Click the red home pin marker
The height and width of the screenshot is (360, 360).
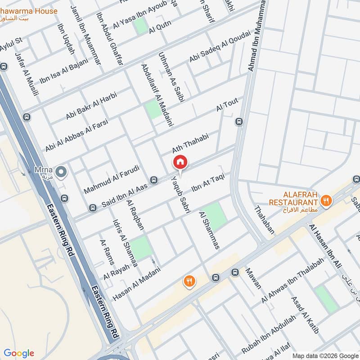(x=180, y=162)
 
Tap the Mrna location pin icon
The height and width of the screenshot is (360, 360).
(x=61, y=171)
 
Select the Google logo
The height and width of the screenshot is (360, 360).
(x=19, y=353)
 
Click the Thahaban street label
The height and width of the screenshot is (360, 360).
(x=264, y=220)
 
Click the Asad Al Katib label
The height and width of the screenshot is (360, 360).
(x=305, y=315)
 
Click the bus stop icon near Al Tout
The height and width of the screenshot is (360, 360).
(x=238, y=121)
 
